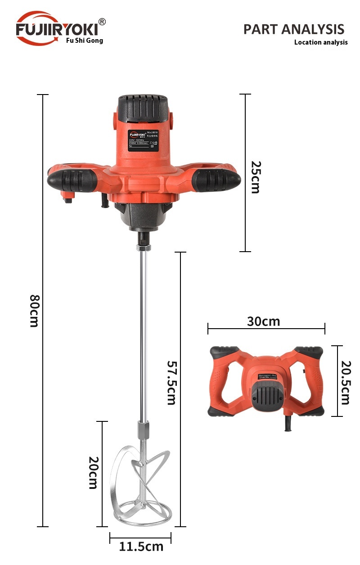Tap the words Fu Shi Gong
tap(85, 41)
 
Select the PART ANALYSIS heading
tap(293, 29)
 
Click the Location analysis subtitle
tap(321, 42)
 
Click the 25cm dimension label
tap(255, 177)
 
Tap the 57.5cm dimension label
tap(171, 382)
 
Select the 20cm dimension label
tap(93, 473)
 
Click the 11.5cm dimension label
tap(141, 547)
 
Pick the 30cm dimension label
tap(263, 321)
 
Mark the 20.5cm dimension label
tap(345, 382)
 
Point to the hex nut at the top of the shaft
tap(144, 247)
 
